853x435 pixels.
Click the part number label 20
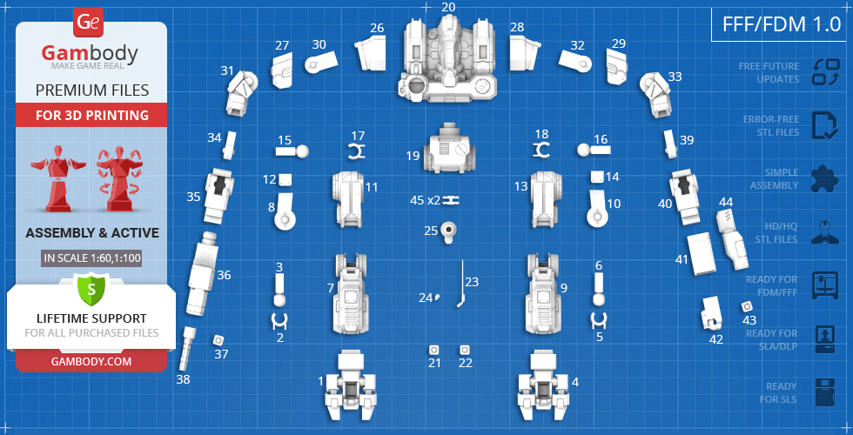448,7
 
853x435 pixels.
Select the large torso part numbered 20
449,59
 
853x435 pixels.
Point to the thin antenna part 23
461,284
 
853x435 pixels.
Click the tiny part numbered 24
436,297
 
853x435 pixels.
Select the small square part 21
434,350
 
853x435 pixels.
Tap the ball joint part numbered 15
292,151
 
